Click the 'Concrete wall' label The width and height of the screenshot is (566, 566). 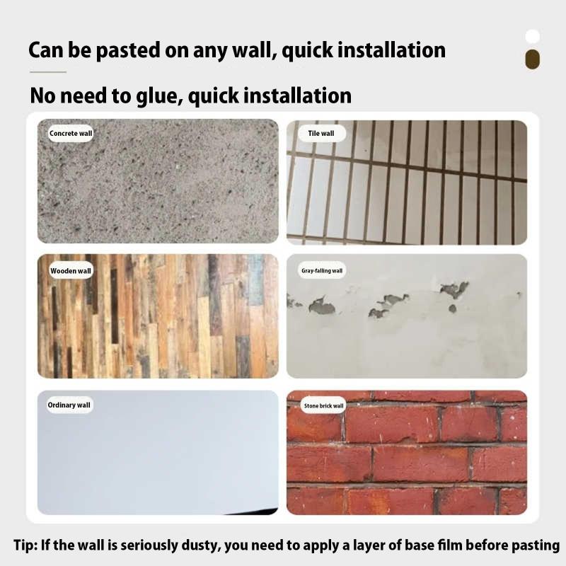coord(71,133)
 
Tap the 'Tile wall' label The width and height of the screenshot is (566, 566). coord(321,133)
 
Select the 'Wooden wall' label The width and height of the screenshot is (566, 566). coord(71,271)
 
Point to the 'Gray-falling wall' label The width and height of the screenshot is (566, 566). coord(322,270)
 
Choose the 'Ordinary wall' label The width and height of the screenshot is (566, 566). coord(69,405)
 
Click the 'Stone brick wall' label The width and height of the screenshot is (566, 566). coord(323,405)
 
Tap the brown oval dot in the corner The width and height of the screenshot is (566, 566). coord(533,59)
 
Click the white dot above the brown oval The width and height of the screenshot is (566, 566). coord(533,37)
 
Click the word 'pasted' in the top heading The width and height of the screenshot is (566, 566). coord(128,50)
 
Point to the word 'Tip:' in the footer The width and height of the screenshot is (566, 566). coord(25,545)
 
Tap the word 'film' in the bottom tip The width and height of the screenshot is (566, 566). coord(450,545)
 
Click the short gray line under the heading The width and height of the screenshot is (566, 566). coord(48,72)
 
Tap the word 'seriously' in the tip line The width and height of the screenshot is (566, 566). coord(149,545)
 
